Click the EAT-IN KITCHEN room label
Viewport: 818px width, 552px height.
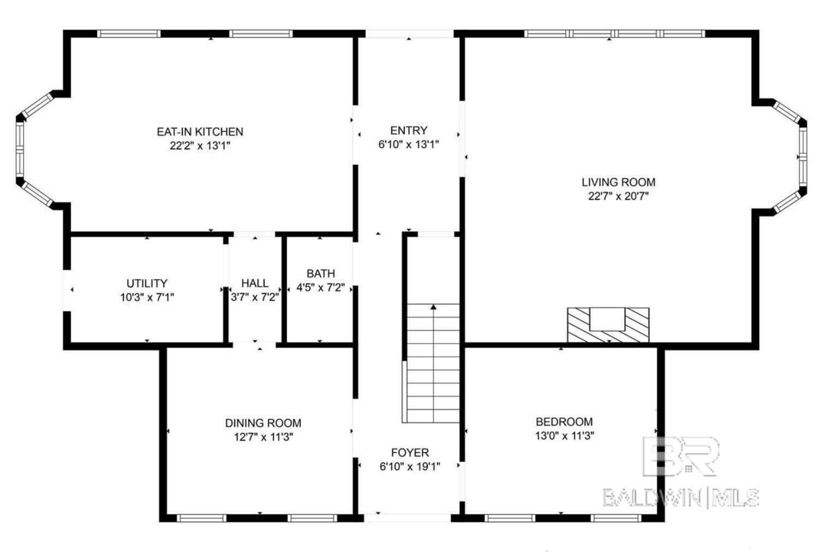(200, 131)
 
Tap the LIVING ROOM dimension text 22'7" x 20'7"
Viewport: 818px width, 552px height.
(618, 196)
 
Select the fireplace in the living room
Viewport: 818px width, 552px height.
(608, 325)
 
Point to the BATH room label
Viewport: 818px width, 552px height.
(320, 273)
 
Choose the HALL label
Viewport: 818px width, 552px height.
(255, 283)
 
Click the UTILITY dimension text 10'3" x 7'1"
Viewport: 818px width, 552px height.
(147, 297)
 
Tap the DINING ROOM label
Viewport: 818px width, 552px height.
(263, 423)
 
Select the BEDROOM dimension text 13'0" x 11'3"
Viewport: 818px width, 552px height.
(564, 436)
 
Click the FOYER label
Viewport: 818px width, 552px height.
(410, 452)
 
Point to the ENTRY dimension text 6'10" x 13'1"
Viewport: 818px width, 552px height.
(409, 145)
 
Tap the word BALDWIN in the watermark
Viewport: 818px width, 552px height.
(652, 497)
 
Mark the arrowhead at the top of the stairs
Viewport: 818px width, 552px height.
(433, 307)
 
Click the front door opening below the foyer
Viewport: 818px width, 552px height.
(408, 517)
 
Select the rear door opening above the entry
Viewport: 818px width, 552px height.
(409, 34)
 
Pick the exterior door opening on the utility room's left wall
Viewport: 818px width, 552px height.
(67, 290)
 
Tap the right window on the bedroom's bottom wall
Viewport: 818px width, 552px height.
(616, 518)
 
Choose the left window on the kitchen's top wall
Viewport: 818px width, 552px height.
(129, 34)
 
